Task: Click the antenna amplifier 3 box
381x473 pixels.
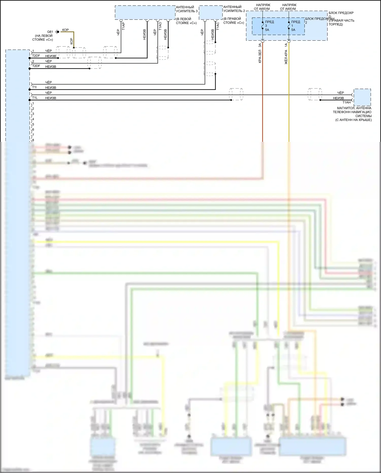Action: tap(145, 12)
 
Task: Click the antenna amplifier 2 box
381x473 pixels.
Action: tap(211, 13)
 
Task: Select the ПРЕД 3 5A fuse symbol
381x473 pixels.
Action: tap(263, 25)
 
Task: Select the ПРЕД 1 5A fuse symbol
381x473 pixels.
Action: tap(289, 25)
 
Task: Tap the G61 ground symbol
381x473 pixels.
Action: tap(57, 32)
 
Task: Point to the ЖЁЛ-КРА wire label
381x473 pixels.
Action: tap(286, 57)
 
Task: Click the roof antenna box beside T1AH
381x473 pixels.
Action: tap(362, 97)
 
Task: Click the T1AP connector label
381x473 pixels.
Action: tap(123, 26)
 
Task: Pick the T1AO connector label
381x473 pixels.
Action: tap(160, 26)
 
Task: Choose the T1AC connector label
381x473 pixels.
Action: tap(218, 26)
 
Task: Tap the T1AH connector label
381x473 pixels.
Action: tap(346, 102)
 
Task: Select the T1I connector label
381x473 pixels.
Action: tap(34, 87)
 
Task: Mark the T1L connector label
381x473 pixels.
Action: tap(35, 98)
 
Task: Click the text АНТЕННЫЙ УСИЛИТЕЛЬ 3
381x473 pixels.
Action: tap(187, 9)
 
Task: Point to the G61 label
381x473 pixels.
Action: tap(50, 32)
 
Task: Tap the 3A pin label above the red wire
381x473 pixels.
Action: tap(260, 45)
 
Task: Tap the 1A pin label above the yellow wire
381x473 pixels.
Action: tap(286, 45)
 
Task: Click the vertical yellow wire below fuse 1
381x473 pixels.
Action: tap(289, 102)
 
